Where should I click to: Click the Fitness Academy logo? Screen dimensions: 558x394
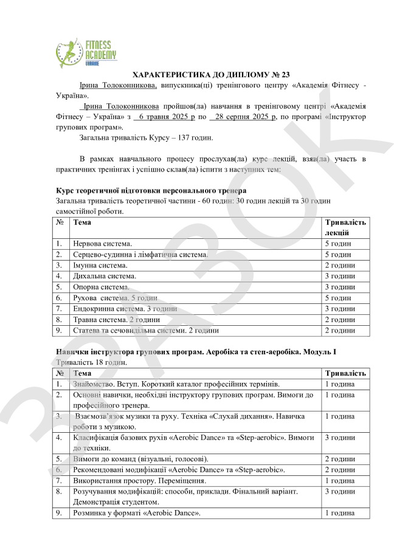click(85, 51)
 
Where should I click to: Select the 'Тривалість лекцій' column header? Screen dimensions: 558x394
click(345, 227)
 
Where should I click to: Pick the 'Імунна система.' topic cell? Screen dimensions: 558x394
click(100, 266)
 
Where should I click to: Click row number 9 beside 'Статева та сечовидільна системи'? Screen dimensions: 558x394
click(60, 331)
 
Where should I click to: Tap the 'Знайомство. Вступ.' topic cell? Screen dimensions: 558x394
click(106, 385)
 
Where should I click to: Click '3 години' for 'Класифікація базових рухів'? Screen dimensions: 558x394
click(340, 437)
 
